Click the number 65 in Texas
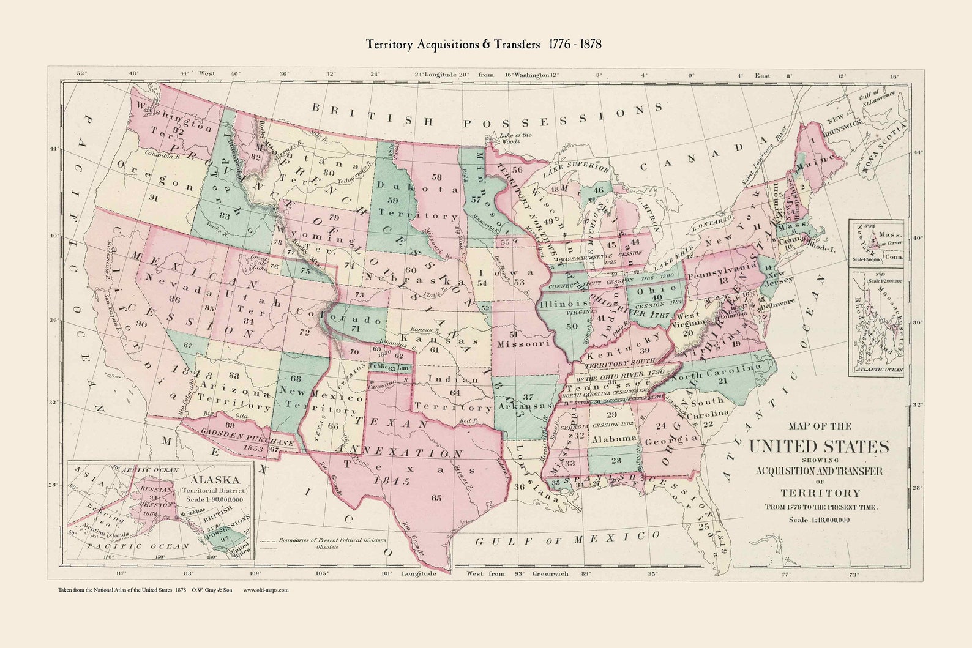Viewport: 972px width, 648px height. [x=436, y=498]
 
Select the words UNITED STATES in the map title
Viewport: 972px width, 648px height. [x=820, y=446]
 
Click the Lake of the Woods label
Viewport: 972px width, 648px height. [x=516, y=138]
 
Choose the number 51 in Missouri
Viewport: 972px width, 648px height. [x=514, y=334]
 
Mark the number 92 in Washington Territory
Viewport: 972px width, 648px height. [x=178, y=130]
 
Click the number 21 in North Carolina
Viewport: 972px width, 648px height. [x=722, y=381]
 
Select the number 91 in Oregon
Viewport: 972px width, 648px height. [x=153, y=198]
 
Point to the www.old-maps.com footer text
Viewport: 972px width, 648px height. [x=266, y=590]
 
